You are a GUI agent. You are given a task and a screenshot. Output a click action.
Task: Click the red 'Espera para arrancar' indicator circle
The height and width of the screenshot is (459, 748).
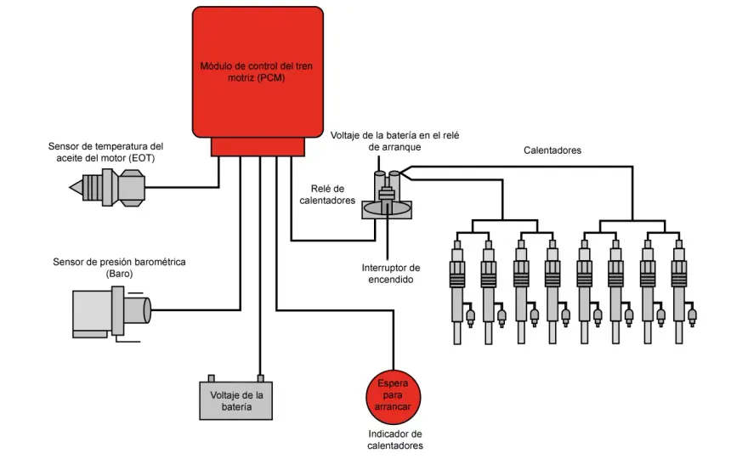pyautogui.click(x=394, y=397)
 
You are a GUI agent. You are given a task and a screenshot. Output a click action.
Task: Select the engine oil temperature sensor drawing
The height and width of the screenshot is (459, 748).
pyautogui.click(x=107, y=188)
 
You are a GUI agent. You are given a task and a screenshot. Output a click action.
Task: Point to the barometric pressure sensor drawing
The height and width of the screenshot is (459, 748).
pyautogui.click(x=111, y=313)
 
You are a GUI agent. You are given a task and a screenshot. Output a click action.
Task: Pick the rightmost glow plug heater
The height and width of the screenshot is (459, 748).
pyautogui.click(x=683, y=292)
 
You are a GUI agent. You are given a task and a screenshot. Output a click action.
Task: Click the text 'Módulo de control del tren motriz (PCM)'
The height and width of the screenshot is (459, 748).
pyautogui.click(x=257, y=72)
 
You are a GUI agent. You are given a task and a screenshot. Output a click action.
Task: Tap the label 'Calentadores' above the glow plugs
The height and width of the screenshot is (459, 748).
pyautogui.click(x=552, y=150)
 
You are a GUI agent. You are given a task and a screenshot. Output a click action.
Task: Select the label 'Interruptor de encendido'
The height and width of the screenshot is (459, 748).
pyautogui.click(x=391, y=274)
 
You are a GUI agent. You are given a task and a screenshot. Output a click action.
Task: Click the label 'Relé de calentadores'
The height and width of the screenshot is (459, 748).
pyautogui.click(x=327, y=195)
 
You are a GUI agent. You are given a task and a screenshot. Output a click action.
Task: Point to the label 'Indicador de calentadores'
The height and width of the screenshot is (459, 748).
pyautogui.click(x=395, y=439)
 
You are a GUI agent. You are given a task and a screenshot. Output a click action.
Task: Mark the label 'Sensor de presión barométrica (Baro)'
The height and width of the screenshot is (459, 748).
pyautogui.click(x=119, y=268)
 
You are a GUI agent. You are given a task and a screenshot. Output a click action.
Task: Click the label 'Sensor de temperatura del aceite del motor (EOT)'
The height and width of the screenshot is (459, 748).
pyautogui.click(x=106, y=152)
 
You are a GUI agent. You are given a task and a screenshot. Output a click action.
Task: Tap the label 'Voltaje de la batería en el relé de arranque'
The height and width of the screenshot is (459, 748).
pyautogui.click(x=395, y=141)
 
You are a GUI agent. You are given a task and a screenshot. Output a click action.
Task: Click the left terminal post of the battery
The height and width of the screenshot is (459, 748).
pyautogui.click(x=211, y=378)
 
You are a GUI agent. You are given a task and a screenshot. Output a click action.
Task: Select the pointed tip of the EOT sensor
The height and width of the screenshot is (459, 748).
pyautogui.click(x=71, y=188)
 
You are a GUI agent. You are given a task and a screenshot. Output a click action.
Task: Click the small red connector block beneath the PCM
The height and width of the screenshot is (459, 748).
pyautogui.click(x=258, y=147)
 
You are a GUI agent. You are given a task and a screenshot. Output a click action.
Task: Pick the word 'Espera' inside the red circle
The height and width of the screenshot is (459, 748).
pyautogui.click(x=393, y=383)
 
